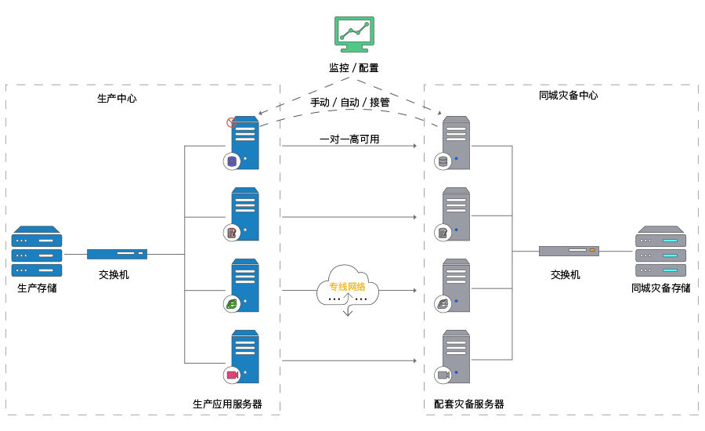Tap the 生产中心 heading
click(x=117, y=99)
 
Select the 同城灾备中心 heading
click(x=569, y=96)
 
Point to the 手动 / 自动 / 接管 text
click(x=350, y=103)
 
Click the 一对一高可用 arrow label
click(x=349, y=139)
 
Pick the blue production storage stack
click(x=37, y=252)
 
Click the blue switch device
click(x=117, y=254)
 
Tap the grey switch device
click(x=569, y=252)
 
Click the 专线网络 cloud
click(x=347, y=289)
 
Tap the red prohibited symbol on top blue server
click(x=231, y=122)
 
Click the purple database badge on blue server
click(x=231, y=162)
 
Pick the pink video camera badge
click(x=231, y=375)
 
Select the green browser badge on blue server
click(x=231, y=304)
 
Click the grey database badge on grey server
click(x=443, y=162)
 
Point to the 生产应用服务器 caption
click(x=227, y=404)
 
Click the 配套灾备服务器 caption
click(x=469, y=404)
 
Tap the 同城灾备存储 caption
click(x=661, y=288)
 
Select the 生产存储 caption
click(x=37, y=288)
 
